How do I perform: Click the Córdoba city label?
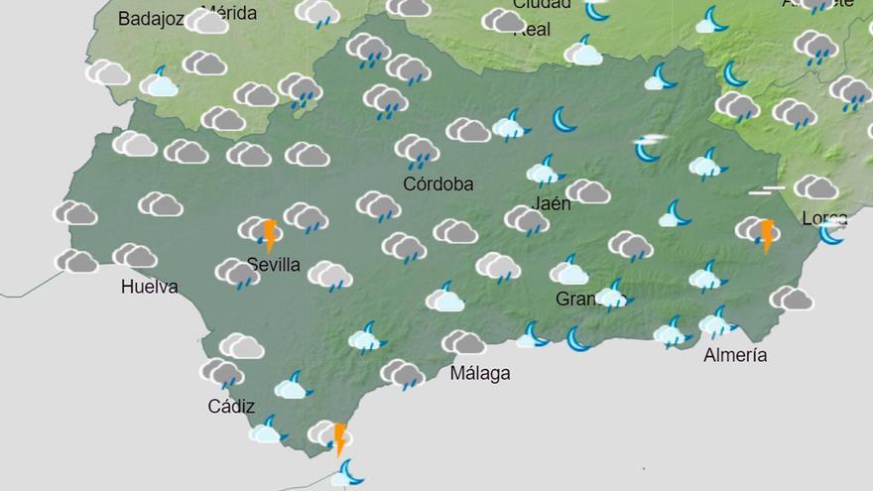(438, 184)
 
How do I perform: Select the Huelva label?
(149, 288)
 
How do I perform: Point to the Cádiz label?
(231, 406)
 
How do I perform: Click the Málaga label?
(480, 374)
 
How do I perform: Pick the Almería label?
(735, 355)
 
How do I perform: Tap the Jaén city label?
(552, 204)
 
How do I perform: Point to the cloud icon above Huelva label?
(135, 256)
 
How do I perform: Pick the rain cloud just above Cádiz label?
(221, 374)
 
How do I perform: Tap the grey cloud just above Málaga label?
(463, 343)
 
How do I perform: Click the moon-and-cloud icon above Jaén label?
(544, 172)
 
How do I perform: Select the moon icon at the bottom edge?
(347, 474)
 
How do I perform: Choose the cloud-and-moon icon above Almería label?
(716, 322)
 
